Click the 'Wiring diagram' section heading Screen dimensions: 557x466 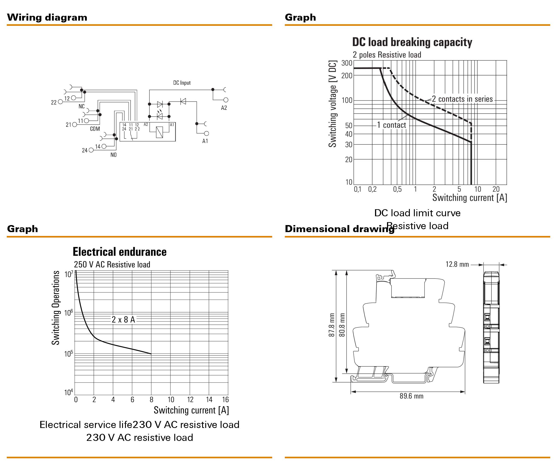[x=47, y=17]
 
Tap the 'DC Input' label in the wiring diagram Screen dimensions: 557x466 [x=182, y=83]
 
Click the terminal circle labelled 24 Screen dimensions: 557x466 [x=91, y=150]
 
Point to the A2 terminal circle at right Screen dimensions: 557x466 [x=226, y=100]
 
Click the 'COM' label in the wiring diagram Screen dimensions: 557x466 [x=95, y=129]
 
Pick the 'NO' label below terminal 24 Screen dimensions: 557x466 [x=113, y=155]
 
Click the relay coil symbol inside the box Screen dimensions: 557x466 [x=159, y=132]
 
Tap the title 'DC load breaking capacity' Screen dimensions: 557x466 [x=412, y=42]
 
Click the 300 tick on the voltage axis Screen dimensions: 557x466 [x=347, y=63]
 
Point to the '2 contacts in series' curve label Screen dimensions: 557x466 [x=462, y=99]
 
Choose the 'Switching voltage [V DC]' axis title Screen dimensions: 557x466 [x=333, y=104]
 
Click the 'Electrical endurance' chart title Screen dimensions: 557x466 [x=120, y=252]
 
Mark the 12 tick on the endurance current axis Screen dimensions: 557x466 [x=190, y=400]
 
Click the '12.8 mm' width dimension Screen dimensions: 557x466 [x=457, y=264]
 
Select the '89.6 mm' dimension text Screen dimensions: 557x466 [x=411, y=396]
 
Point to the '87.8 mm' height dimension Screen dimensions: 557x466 [x=332, y=325]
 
